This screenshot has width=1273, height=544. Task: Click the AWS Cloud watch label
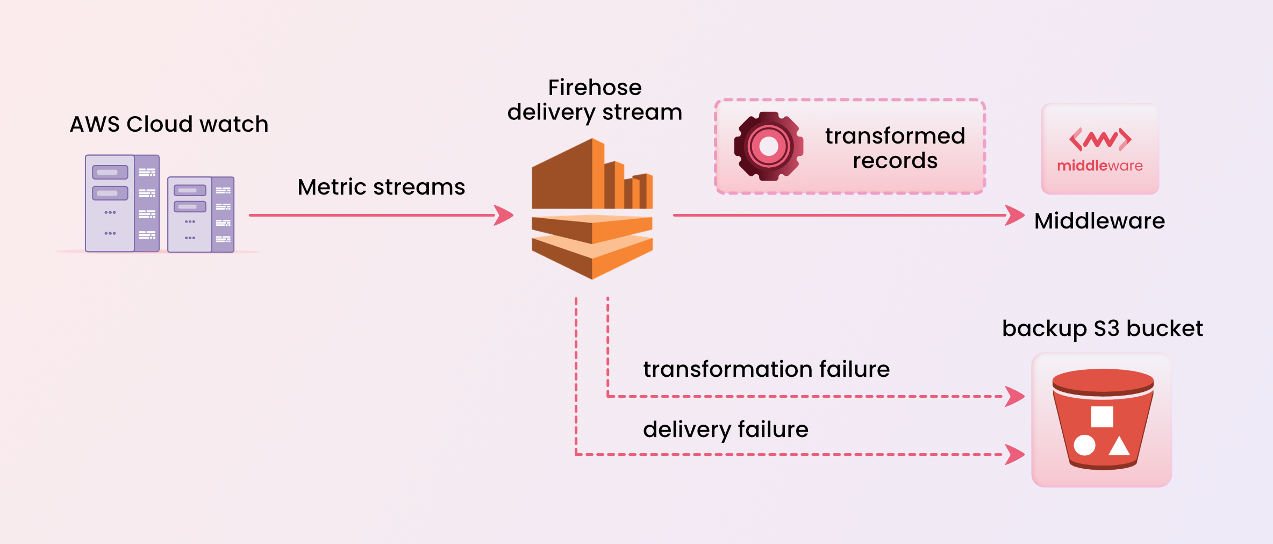[x=169, y=124]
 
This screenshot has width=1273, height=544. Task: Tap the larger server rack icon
[x=123, y=203]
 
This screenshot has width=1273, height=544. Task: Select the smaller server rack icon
[x=201, y=214]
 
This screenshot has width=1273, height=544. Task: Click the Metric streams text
[x=381, y=187]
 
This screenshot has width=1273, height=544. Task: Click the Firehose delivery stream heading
[x=595, y=100]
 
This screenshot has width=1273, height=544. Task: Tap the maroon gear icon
[x=769, y=146]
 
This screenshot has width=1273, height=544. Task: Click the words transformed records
[x=895, y=148]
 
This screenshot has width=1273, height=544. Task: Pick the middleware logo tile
[x=1100, y=149]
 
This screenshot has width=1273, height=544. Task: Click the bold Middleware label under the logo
[x=1099, y=221]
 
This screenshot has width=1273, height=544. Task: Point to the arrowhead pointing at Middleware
[x=1015, y=216]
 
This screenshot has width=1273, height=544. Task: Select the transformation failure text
[x=766, y=369]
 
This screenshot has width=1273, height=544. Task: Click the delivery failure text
[x=725, y=430]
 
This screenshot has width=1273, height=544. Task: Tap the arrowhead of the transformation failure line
[x=1015, y=397]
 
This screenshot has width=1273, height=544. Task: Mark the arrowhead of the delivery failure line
[x=1015, y=454]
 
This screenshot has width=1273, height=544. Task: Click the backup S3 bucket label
[x=1102, y=328]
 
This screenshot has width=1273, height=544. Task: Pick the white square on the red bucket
[x=1102, y=417]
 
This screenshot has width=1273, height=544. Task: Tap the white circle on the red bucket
[x=1084, y=445]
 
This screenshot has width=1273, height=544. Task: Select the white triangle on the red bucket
[x=1119, y=446]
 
